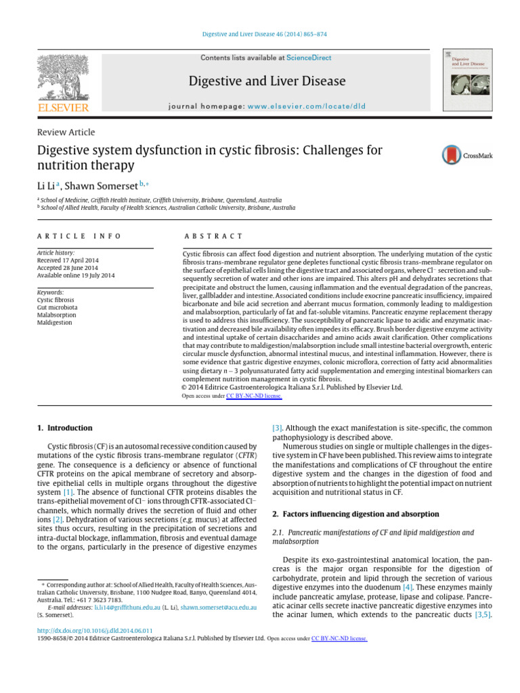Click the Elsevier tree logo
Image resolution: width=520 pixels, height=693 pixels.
pos(62,77)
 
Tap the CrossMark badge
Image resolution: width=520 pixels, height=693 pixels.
pos(467,155)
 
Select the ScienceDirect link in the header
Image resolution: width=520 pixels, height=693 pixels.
pos(309,58)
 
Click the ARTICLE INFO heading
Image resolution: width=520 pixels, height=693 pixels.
pos(79,236)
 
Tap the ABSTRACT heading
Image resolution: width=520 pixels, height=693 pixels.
pos(213,236)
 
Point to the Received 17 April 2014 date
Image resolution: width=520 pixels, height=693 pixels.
pos(66,260)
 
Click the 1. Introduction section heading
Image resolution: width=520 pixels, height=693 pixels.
pos(64,428)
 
